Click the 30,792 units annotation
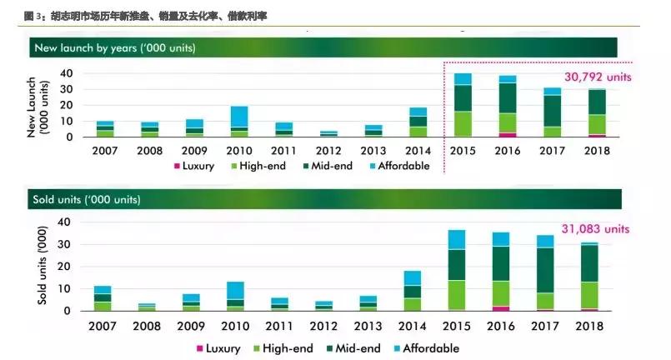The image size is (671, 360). [x=594, y=77]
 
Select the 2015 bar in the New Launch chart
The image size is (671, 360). [x=463, y=105]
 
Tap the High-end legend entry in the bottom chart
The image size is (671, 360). [x=282, y=348]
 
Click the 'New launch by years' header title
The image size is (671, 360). [x=115, y=47]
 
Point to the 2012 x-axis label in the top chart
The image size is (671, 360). [x=328, y=151]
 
